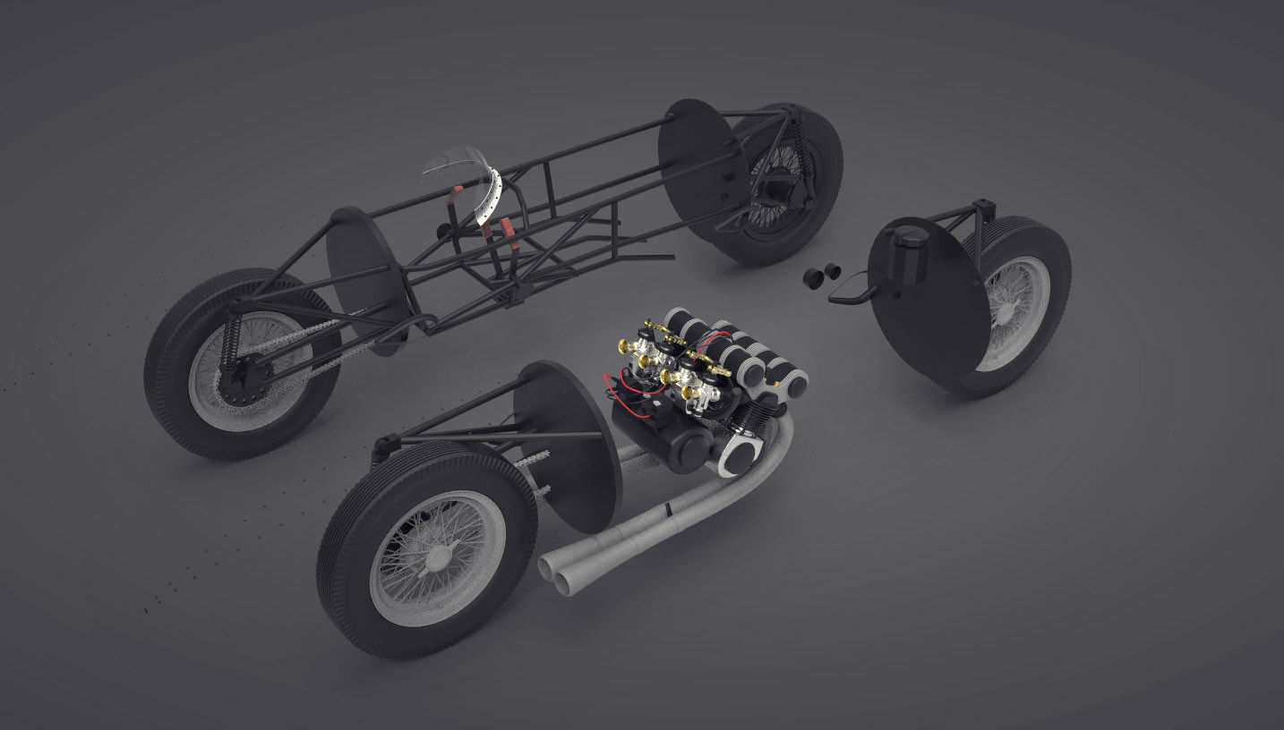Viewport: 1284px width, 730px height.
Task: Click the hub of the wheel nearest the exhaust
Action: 438,558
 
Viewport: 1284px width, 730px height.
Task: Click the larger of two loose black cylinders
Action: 814,276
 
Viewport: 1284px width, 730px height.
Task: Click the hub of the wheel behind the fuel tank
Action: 1016,309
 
